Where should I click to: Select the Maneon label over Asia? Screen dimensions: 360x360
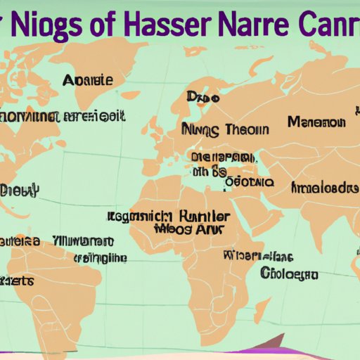click(317, 122)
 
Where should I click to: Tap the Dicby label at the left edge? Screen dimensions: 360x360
click(20, 191)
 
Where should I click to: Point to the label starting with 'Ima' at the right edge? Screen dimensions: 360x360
click(324, 188)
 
